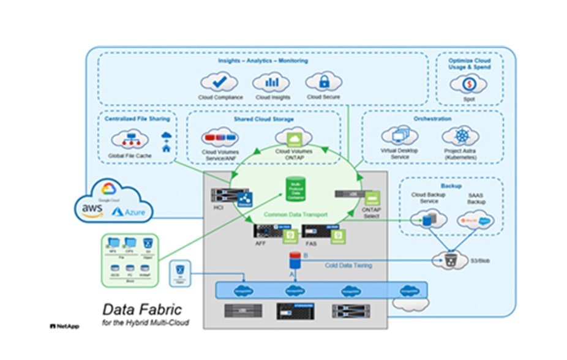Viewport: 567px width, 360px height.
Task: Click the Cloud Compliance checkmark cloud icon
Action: click(x=220, y=82)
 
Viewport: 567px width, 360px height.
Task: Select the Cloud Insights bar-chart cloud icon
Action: click(x=271, y=82)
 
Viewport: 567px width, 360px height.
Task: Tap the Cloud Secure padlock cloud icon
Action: click(x=323, y=81)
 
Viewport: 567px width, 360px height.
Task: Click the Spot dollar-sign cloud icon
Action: click(x=469, y=84)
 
